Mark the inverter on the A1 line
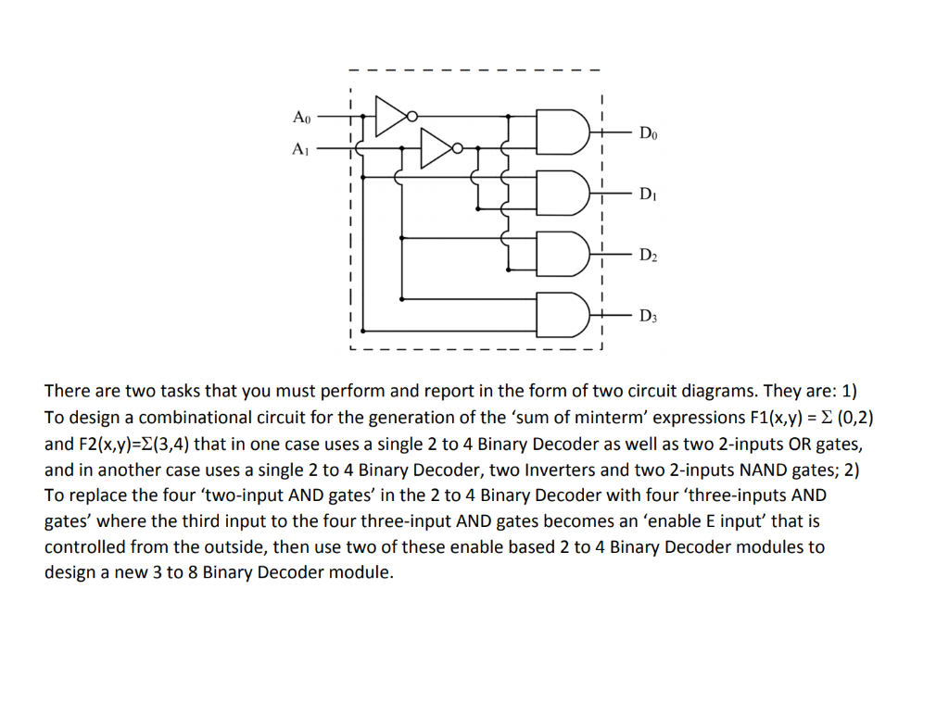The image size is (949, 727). (439, 147)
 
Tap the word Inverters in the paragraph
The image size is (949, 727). (565, 470)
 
